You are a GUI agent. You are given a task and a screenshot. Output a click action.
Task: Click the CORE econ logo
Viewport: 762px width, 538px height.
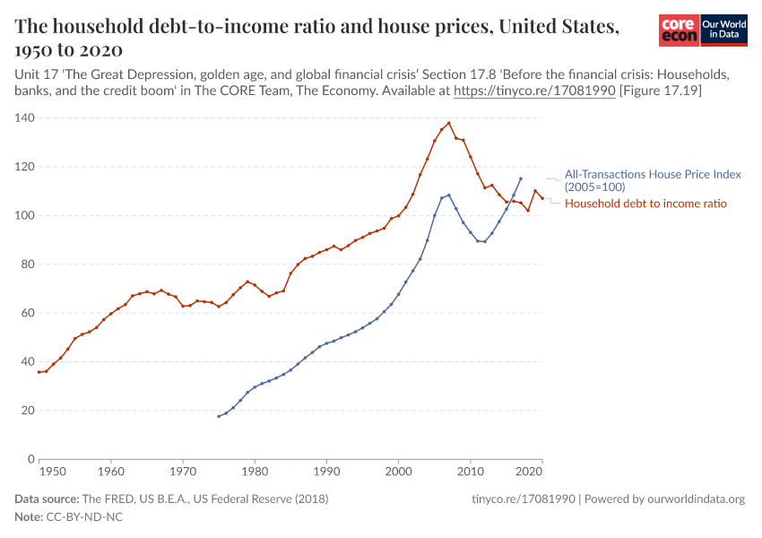679,30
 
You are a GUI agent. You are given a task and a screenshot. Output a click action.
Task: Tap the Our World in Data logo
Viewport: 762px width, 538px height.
723,30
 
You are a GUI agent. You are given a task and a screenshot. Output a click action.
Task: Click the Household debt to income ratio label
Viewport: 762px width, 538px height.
645,204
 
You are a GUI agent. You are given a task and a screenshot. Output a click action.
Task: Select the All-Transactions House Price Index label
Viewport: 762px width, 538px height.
640,180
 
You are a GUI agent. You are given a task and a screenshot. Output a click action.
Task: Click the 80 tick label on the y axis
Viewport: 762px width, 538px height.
27,265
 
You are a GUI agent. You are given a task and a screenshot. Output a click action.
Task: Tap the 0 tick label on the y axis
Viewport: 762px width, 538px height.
30,459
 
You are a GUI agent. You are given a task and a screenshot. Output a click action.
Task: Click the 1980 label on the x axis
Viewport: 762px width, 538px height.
255,471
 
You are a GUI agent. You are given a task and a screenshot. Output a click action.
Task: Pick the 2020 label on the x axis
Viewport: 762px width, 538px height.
531,471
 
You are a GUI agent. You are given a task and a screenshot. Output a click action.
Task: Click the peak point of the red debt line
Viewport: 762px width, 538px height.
449,123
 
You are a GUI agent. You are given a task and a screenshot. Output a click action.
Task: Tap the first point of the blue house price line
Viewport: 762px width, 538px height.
219,416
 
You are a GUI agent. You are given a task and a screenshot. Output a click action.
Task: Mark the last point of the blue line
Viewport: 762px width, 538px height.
521,178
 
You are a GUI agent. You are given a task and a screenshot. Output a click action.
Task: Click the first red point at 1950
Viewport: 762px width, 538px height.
39,372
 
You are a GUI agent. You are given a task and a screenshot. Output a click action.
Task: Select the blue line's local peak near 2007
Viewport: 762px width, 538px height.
449,195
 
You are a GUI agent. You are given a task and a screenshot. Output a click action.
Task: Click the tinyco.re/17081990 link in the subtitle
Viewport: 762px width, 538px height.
533,91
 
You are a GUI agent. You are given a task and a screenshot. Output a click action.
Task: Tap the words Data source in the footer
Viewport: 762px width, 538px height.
47,499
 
